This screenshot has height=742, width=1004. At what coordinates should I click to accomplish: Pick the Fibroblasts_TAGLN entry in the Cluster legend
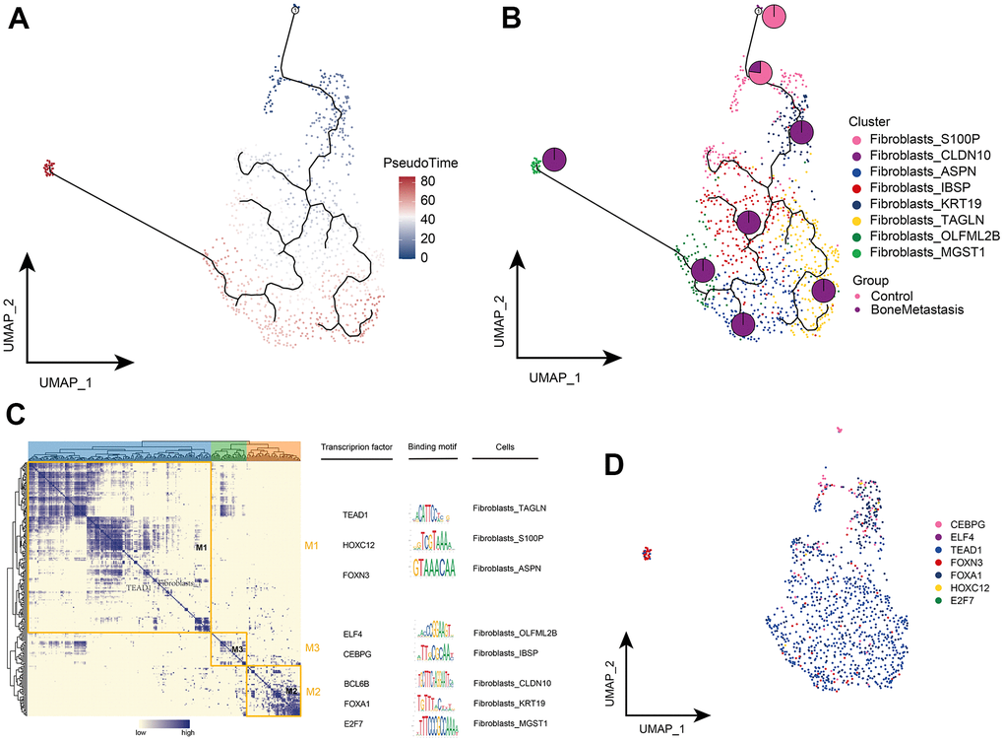914,236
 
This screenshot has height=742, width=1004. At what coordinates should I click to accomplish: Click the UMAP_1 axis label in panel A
67,379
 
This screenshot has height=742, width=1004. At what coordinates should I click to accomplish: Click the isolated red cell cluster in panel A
48,169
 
